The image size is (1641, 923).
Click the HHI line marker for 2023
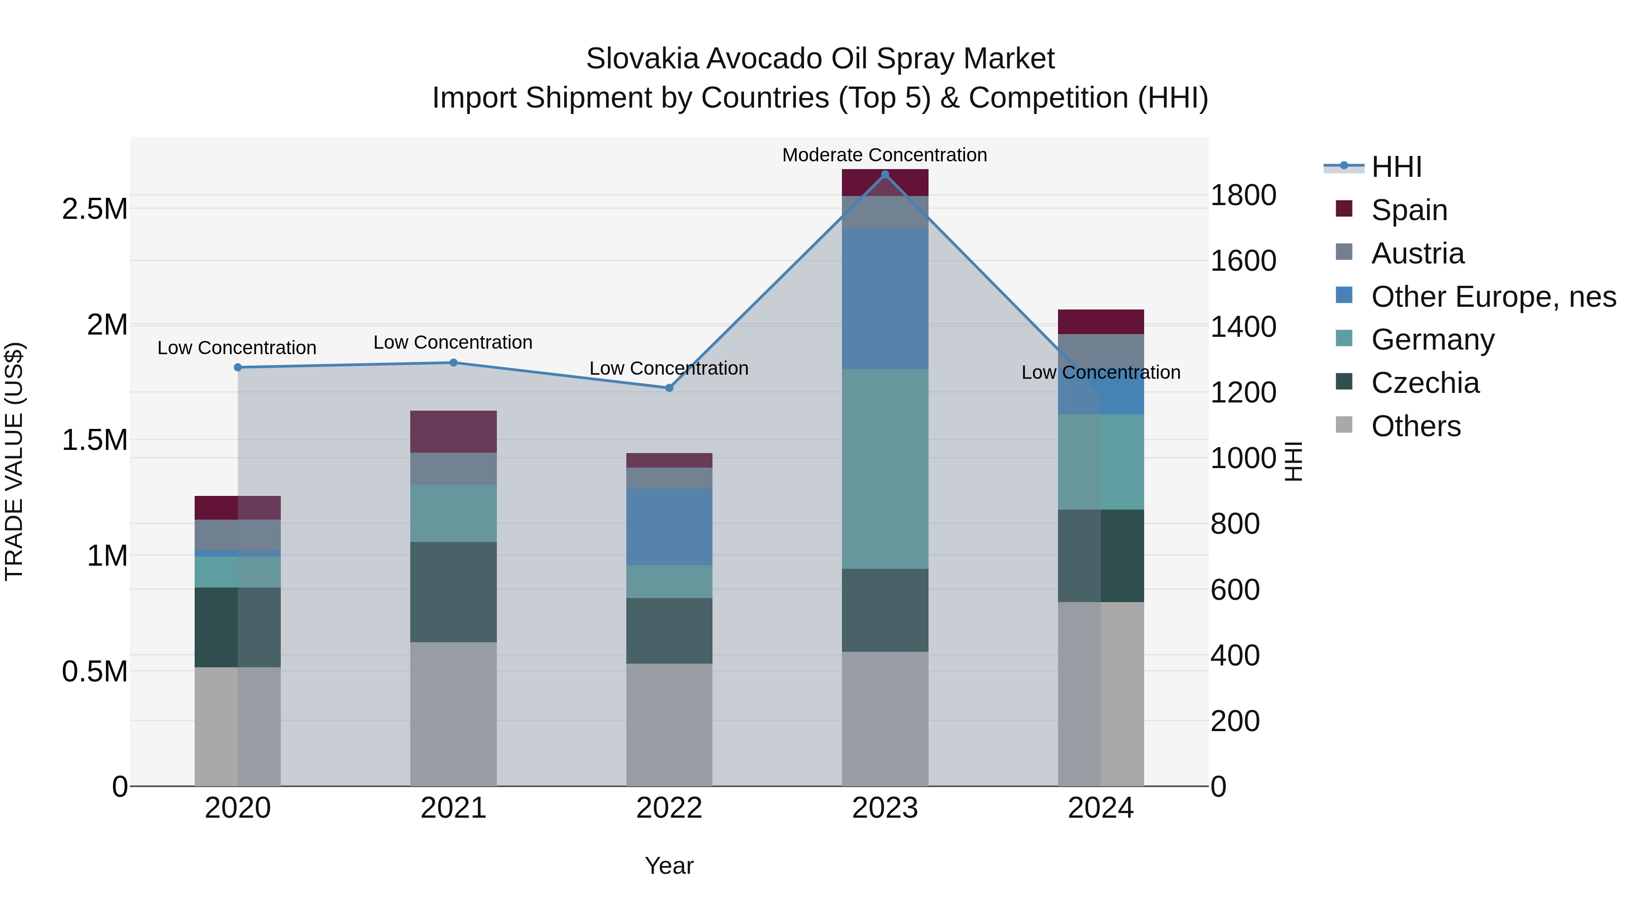[x=885, y=175]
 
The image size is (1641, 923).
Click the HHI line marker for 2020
[x=237, y=367]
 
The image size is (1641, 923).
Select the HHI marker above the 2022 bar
[x=669, y=388]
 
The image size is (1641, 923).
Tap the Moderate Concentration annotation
[x=884, y=155]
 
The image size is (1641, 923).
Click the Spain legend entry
[x=1409, y=210]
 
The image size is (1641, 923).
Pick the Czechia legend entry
[x=1424, y=383]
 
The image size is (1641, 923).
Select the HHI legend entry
[x=1396, y=167]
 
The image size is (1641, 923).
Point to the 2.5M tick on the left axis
[x=95, y=209]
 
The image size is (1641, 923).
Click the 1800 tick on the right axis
[x=1243, y=195]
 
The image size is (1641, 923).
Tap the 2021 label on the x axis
[x=453, y=808]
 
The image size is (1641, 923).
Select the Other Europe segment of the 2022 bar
[x=669, y=527]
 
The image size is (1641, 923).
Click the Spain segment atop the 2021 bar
[x=453, y=431]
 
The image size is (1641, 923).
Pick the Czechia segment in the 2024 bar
[x=1101, y=556]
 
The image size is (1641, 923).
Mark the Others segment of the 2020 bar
[x=237, y=726]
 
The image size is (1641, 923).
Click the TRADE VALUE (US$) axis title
[x=14, y=461]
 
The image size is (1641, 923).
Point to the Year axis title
[x=669, y=866]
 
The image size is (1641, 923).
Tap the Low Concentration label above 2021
[x=453, y=342]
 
